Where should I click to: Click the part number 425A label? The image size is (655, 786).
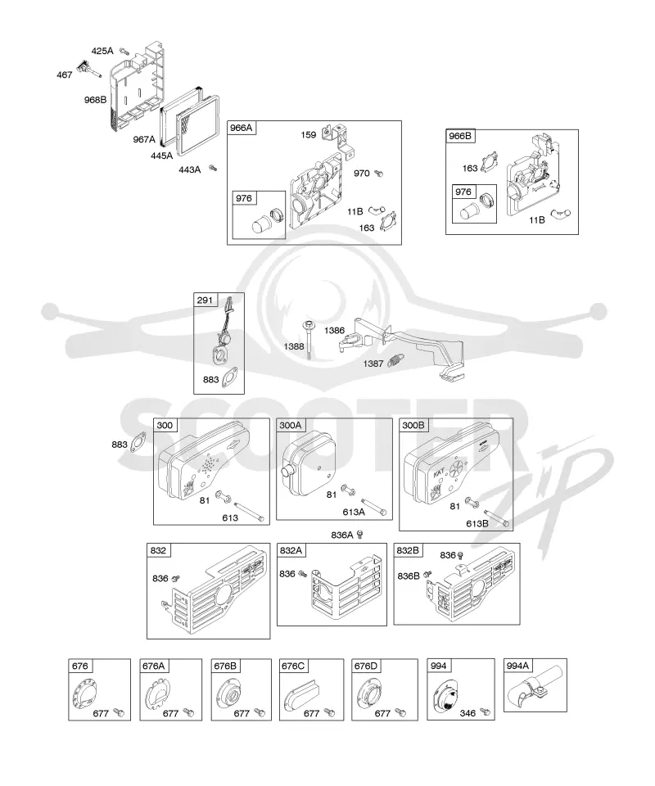[102, 51]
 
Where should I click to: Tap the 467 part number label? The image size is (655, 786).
[64, 75]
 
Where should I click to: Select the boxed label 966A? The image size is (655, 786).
[241, 129]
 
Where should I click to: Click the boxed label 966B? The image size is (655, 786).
[460, 136]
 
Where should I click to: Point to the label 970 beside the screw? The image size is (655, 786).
[361, 174]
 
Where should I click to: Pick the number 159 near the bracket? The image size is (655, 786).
[308, 135]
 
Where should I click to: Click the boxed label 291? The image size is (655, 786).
[205, 300]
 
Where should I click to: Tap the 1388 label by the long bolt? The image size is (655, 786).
[294, 346]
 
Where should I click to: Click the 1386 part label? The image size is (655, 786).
[334, 330]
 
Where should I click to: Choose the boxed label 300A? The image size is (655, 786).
[291, 426]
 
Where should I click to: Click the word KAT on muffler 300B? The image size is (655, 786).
[439, 472]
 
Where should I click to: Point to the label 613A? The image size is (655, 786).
[354, 512]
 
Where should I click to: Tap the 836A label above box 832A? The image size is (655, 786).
[342, 535]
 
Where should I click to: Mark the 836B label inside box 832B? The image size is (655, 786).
[409, 576]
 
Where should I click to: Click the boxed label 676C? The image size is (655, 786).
[293, 666]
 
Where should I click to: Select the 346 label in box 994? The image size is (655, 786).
[468, 713]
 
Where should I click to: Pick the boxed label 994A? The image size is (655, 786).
[517, 666]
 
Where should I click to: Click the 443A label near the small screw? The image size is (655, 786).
[189, 170]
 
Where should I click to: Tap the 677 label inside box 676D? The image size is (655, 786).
[382, 713]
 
